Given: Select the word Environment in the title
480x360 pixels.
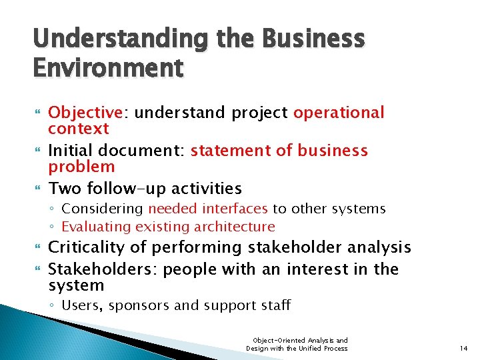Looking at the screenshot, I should [107, 67].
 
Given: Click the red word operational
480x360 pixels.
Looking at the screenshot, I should [339, 113].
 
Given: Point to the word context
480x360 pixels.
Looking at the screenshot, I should [79, 128].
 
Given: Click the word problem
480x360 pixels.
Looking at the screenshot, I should [81, 166].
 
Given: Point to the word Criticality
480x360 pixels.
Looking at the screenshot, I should [87, 247].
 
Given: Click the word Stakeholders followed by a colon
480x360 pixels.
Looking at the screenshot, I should [103, 269].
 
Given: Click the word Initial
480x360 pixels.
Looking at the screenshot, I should [71, 151].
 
